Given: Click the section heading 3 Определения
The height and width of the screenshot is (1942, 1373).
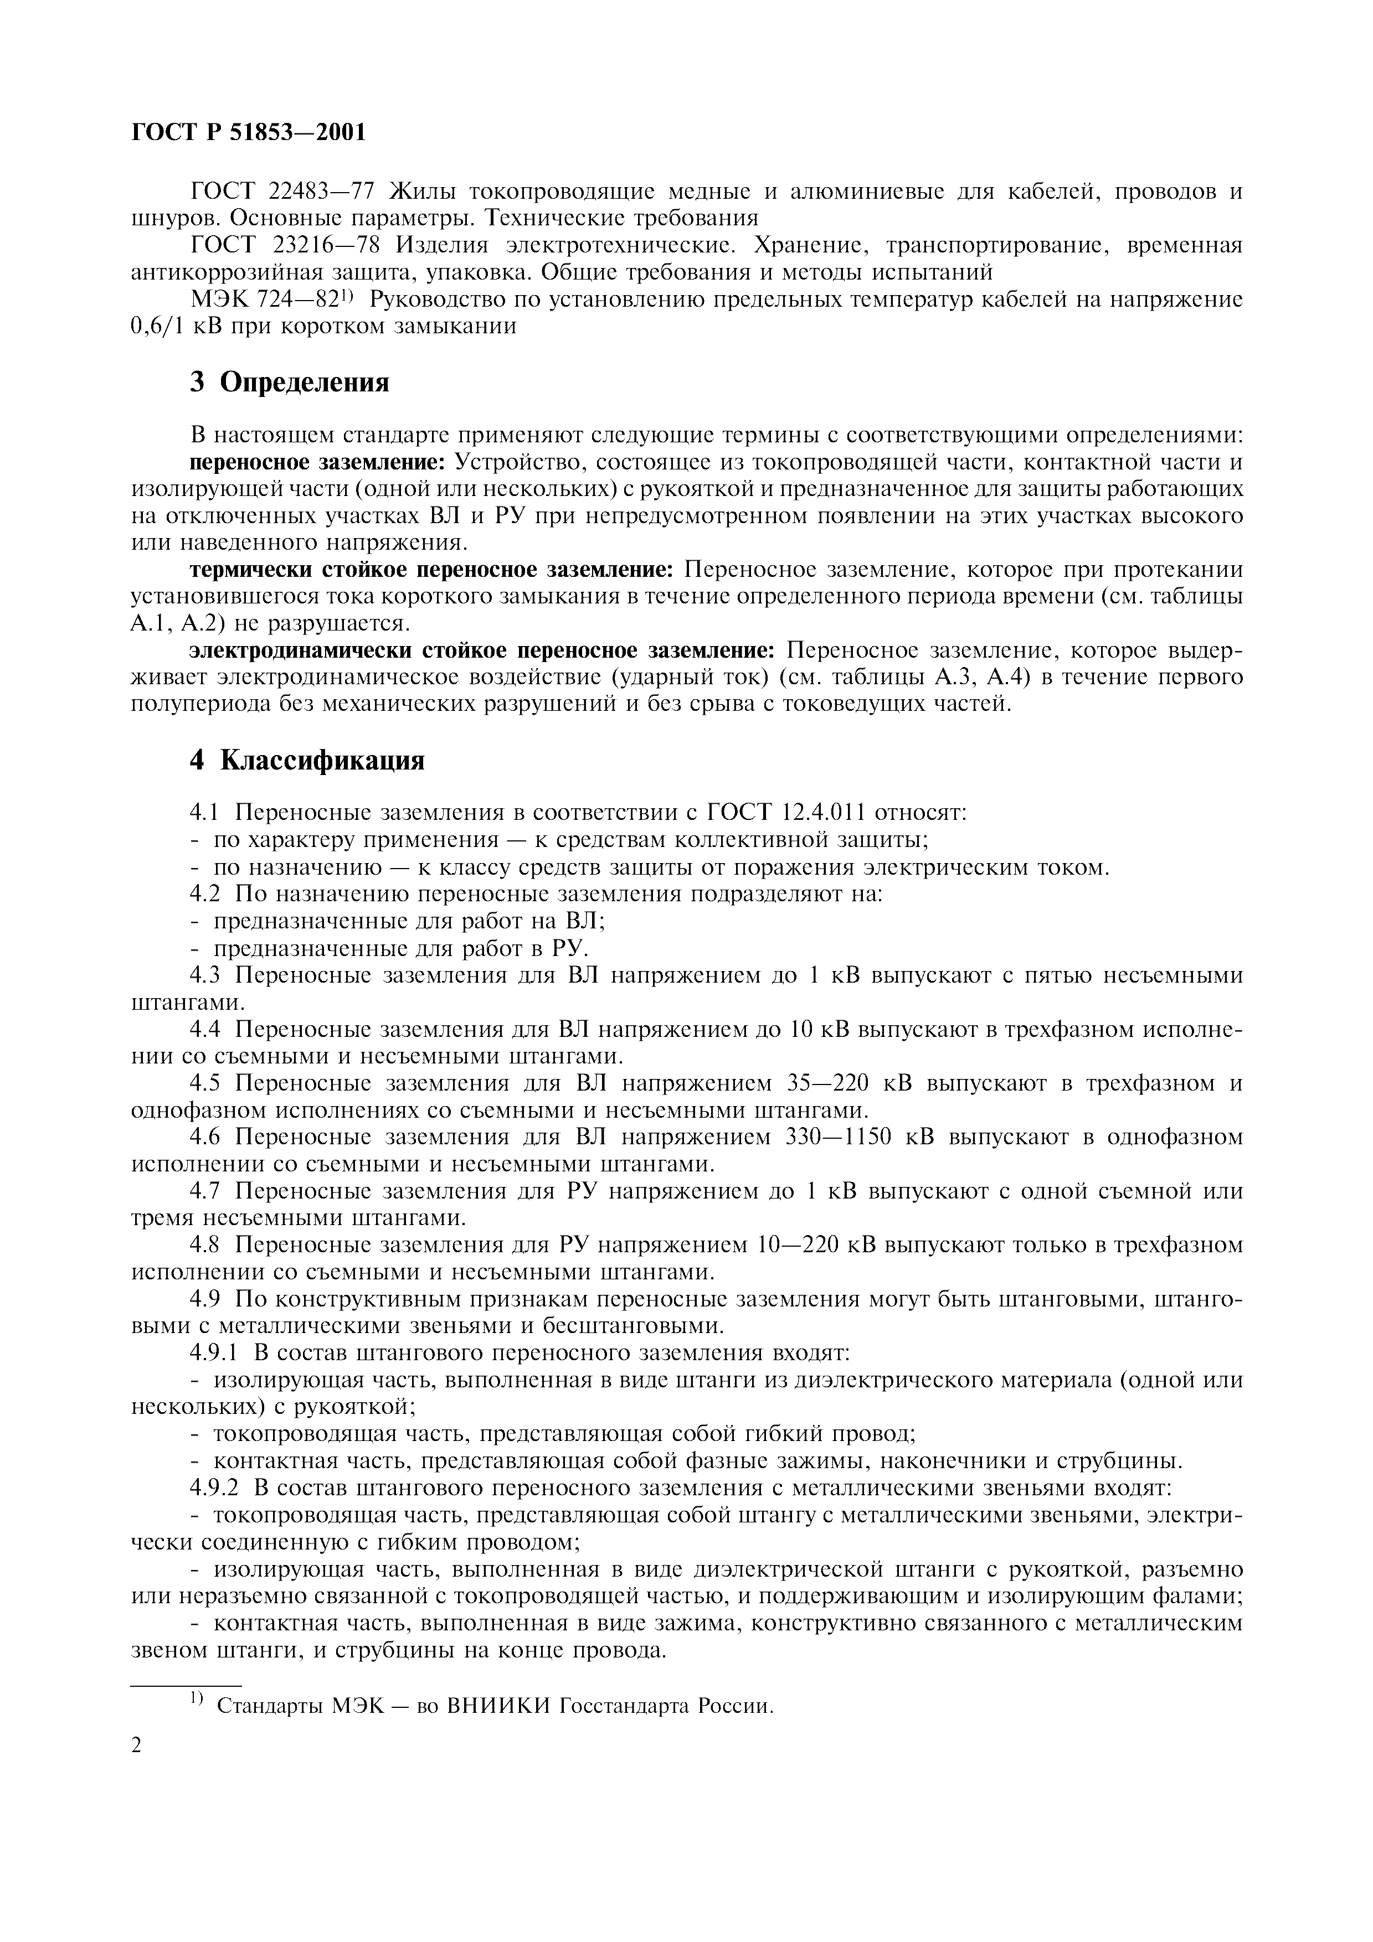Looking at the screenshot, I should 289,383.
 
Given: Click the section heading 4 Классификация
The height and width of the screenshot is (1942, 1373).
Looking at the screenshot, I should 306,761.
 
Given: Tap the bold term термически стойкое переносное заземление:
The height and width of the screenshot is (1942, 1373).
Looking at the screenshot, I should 431,570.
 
